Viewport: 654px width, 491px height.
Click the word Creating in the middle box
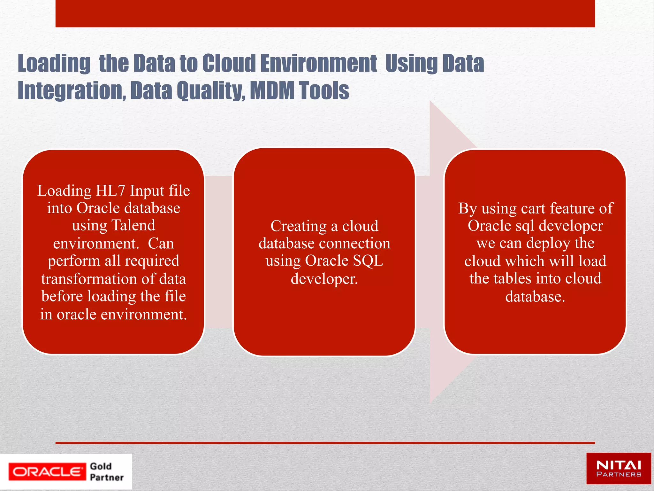click(299, 226)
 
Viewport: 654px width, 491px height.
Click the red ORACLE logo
click(47, 472)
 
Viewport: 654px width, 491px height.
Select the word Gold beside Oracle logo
click(101, 466)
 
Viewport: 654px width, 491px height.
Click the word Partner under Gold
click(107, 477)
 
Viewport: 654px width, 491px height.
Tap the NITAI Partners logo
click(619, 469)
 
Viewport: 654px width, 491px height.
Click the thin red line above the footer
click(325, 443)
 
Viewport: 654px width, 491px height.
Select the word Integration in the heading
click(72, 90)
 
